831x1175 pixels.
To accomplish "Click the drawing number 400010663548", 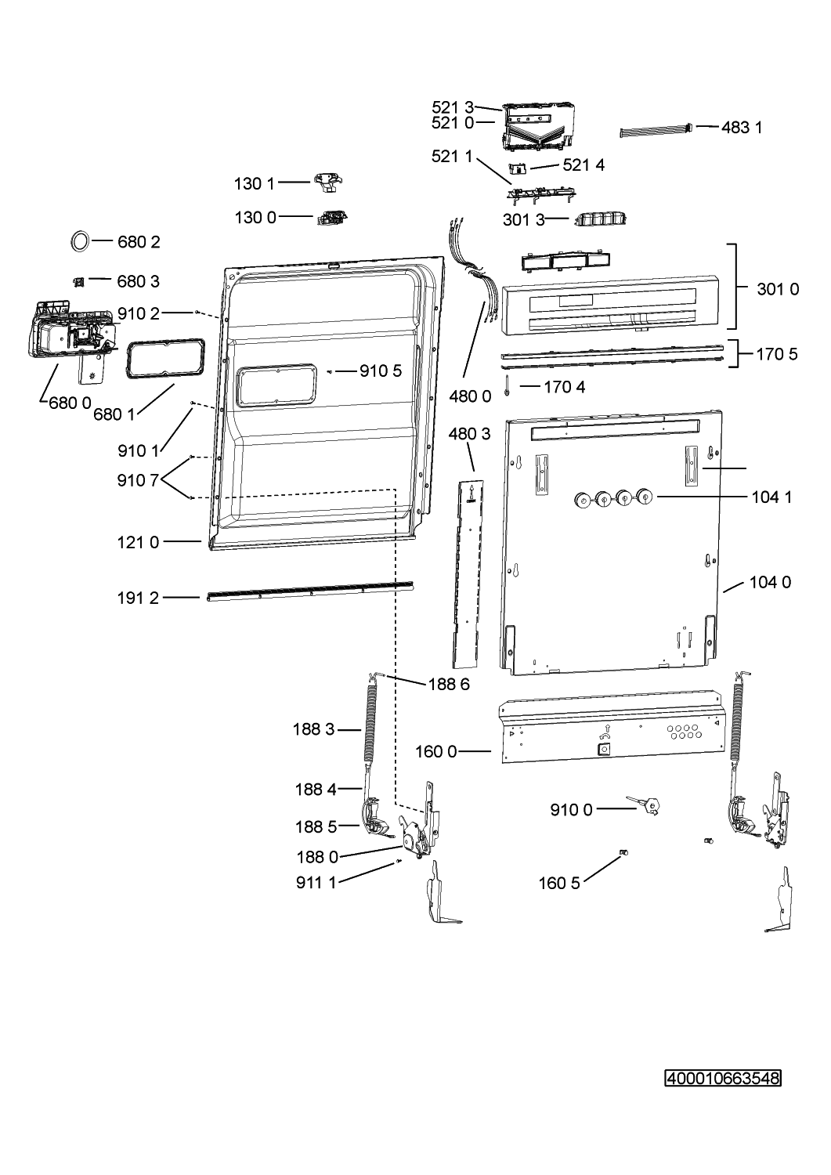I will pos(723,1079).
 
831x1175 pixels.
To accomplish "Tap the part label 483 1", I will pos(741,127).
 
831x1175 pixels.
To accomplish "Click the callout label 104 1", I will pos(771,497).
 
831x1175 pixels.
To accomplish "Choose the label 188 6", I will pos(449,684).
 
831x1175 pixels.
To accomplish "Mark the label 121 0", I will pos(138,541).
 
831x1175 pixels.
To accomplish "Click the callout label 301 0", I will pos(778,289).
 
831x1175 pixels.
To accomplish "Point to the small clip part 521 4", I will pos(517,168).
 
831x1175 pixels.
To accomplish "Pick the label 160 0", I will pos(435,752).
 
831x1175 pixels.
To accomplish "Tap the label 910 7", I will pos(138,481).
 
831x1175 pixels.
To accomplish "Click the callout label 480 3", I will pos(470,433).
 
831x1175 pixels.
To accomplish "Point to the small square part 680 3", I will pos(78,280).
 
